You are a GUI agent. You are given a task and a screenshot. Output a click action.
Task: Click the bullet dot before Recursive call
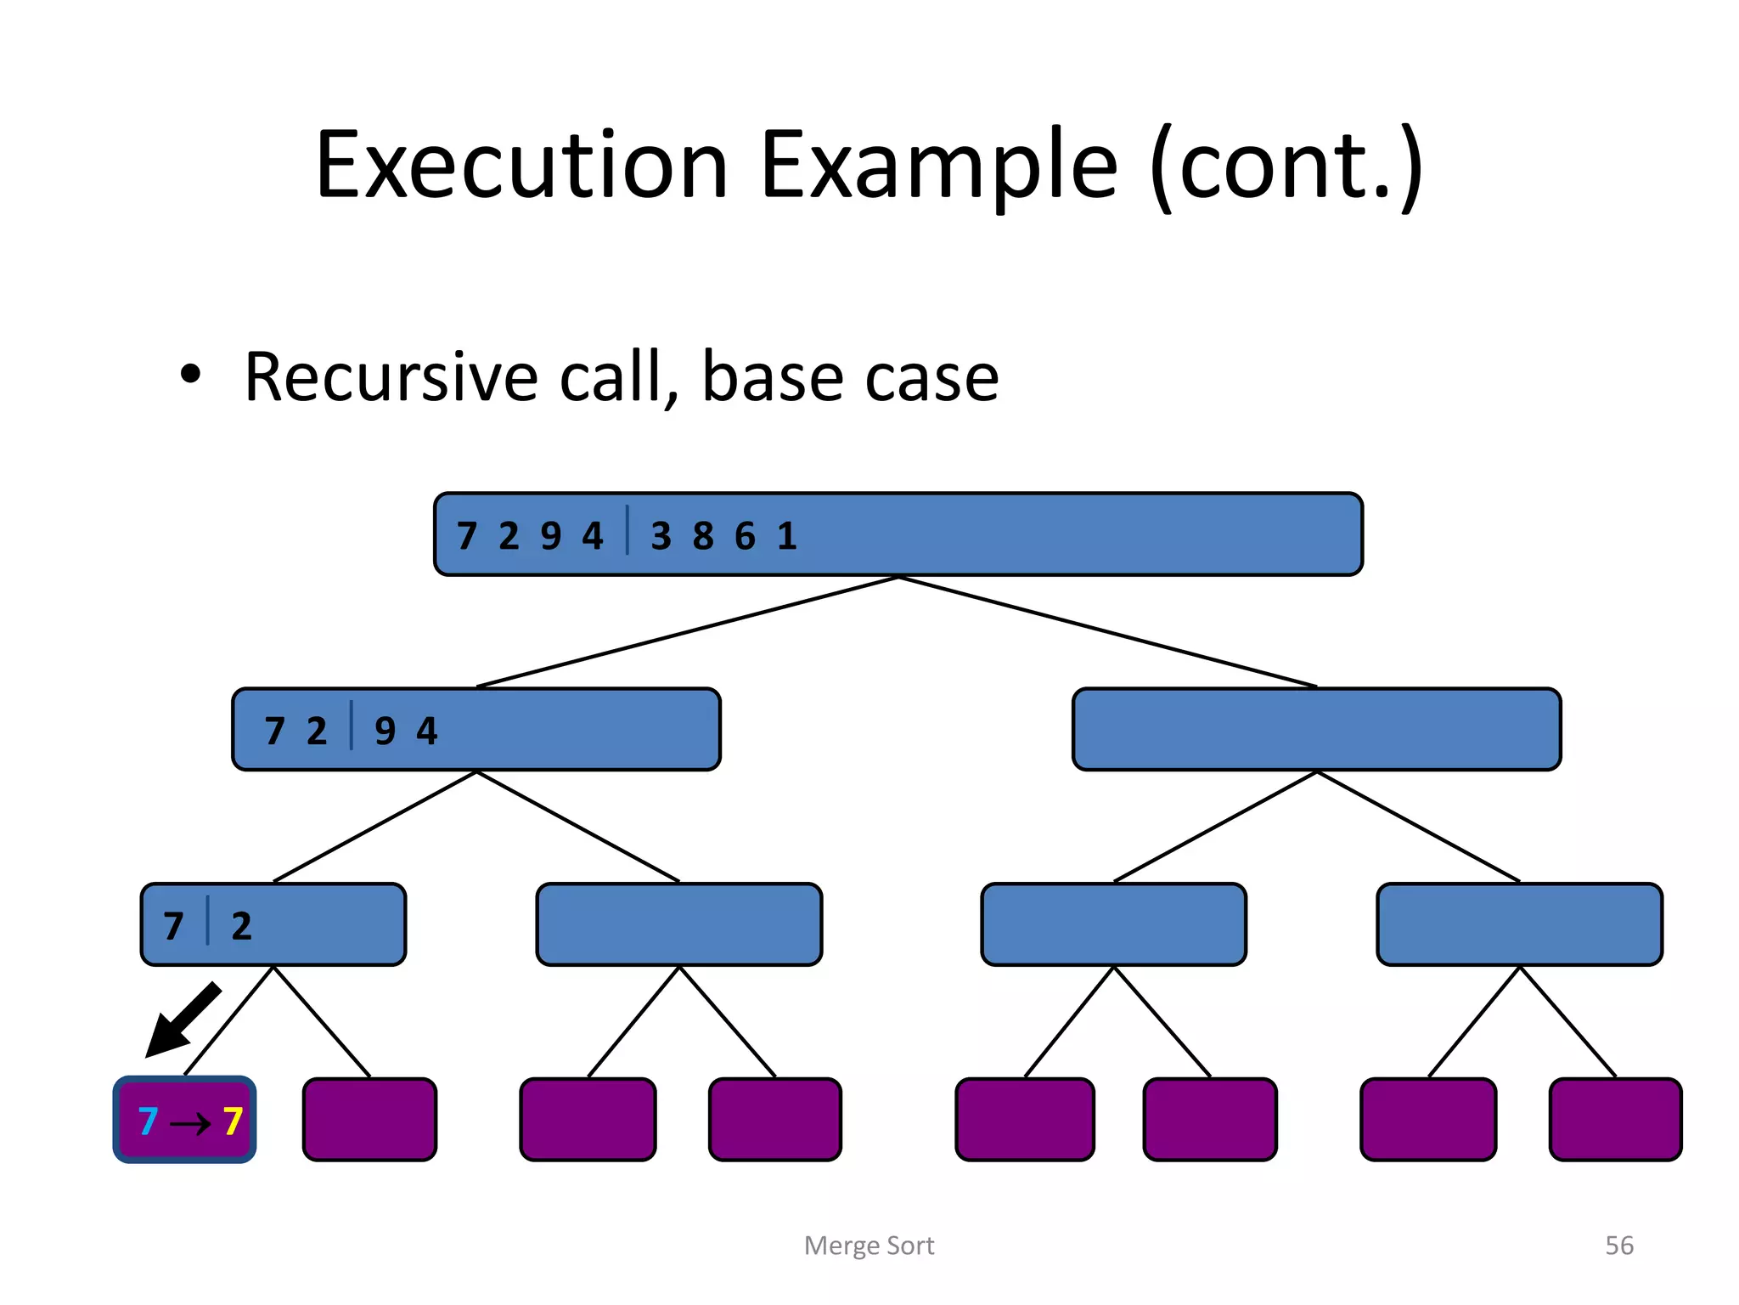pyautogui.click(x=191, y=375)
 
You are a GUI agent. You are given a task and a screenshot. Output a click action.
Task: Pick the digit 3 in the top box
pyautogui.click(x=661, y=536)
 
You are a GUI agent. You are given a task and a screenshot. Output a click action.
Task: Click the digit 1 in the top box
pyautogui.click(x=787, y=536)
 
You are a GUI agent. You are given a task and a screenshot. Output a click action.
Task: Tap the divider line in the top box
pyautogui.click(x=628, y=530)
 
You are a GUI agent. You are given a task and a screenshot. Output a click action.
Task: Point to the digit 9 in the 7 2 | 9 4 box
pyautogui.click(x=385, y=731)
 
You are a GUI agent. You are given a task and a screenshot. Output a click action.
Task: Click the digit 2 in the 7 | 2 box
pyautogui.click(x=241, y=926)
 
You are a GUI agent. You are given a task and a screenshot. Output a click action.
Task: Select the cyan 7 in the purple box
pyautogui.click(x=148, y=1121)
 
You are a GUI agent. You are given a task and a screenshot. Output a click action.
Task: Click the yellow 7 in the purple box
pyautogui.click(x=233, y=1121)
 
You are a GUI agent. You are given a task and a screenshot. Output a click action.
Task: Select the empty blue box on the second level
pyautogui.click(x=1316, y=730)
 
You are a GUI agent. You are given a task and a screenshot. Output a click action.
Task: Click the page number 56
pyautogui.click(x=1618, y=1246)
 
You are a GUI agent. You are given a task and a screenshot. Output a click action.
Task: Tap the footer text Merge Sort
pyautogui.click(x=869, y=1246)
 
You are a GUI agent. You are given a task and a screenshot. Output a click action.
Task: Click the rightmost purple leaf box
pyautogui.click(x=1615, y=1120)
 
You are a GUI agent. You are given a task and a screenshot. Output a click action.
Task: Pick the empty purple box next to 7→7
pyautogui.click(x=369, y=1120)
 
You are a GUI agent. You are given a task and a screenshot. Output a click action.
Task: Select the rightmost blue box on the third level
pyautogui.click(x=1519, y=924)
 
